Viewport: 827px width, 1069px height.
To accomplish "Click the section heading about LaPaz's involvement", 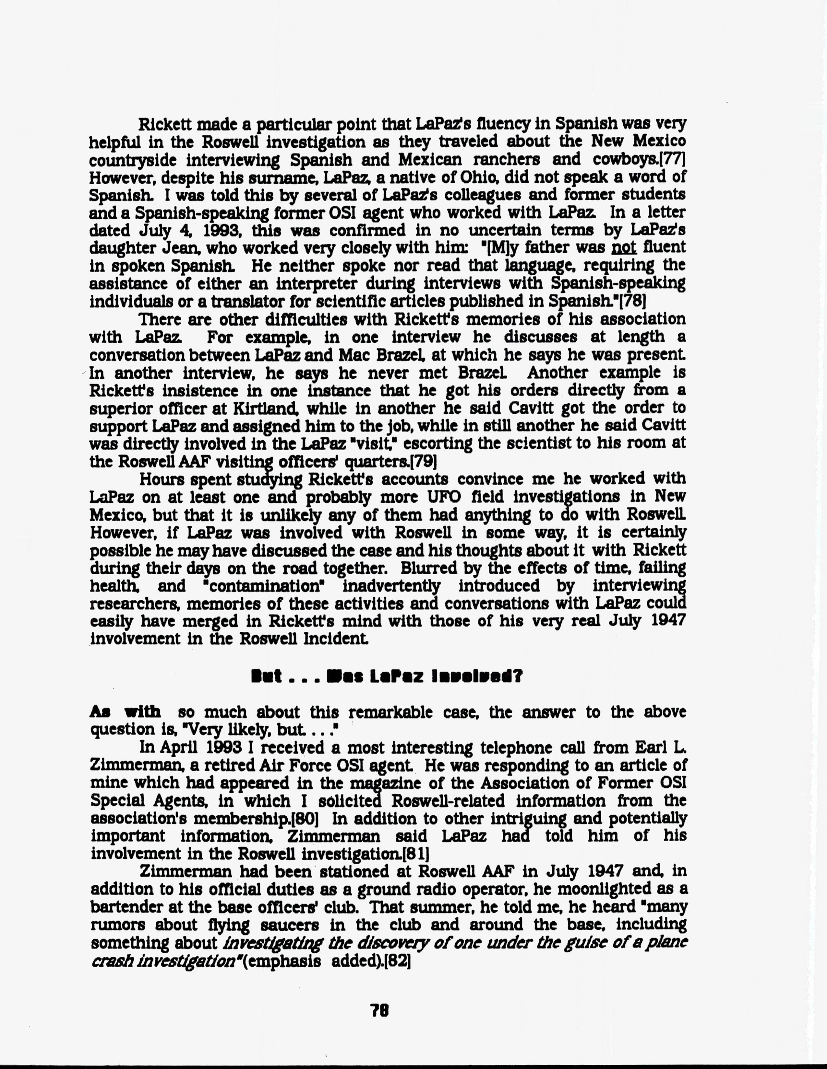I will tap(387, 676).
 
